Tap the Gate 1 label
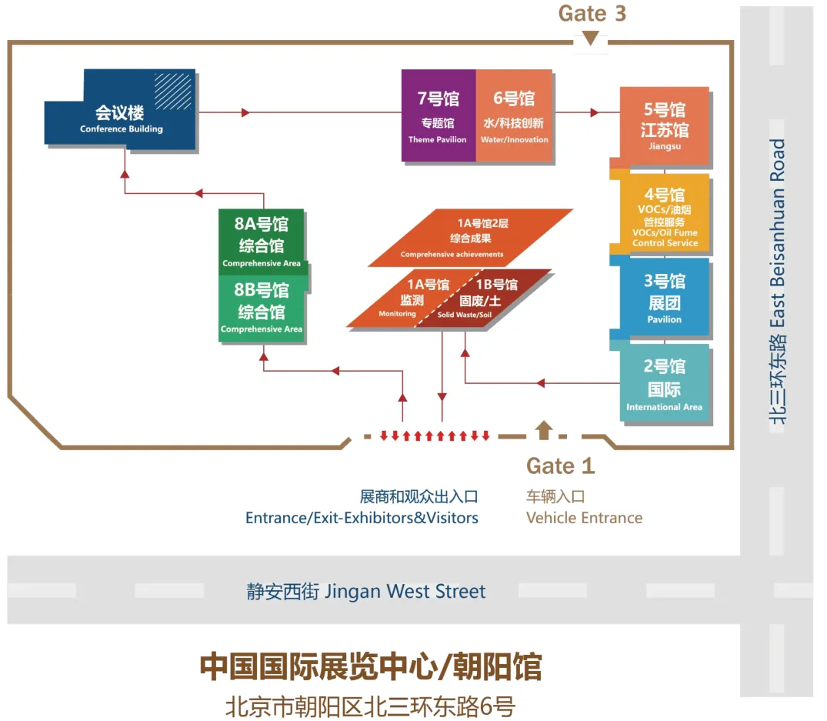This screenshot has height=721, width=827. pyautogui.click(x=560, y=466)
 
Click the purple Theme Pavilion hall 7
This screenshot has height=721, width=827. pyautogui.click(x=438, y=115)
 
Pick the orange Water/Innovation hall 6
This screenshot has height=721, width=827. pyautogui.click(x=514, y=115)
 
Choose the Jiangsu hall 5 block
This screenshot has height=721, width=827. pyautogui.click(x=664, y=125)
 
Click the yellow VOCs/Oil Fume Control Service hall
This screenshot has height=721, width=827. pyautogui.click(x=665, y=216)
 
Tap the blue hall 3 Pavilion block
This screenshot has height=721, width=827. pyautogui.click(x=664, y=299)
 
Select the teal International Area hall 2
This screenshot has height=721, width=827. pyautogui.click(x=664, y=384)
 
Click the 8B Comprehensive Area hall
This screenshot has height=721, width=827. pyautogui.click(x=262, y=308)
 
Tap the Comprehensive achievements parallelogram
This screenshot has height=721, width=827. pyautogui.click(x=471, y=238)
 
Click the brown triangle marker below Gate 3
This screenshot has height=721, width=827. pyautogui.click(x=590, y=38)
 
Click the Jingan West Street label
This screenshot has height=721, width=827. pyautogui.click(x=366, y=591)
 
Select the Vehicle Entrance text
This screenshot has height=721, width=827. pyautogui.click(x=584, y=518)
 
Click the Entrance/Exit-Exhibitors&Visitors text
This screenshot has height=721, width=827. pyautogui.click(x=362, y=518)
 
